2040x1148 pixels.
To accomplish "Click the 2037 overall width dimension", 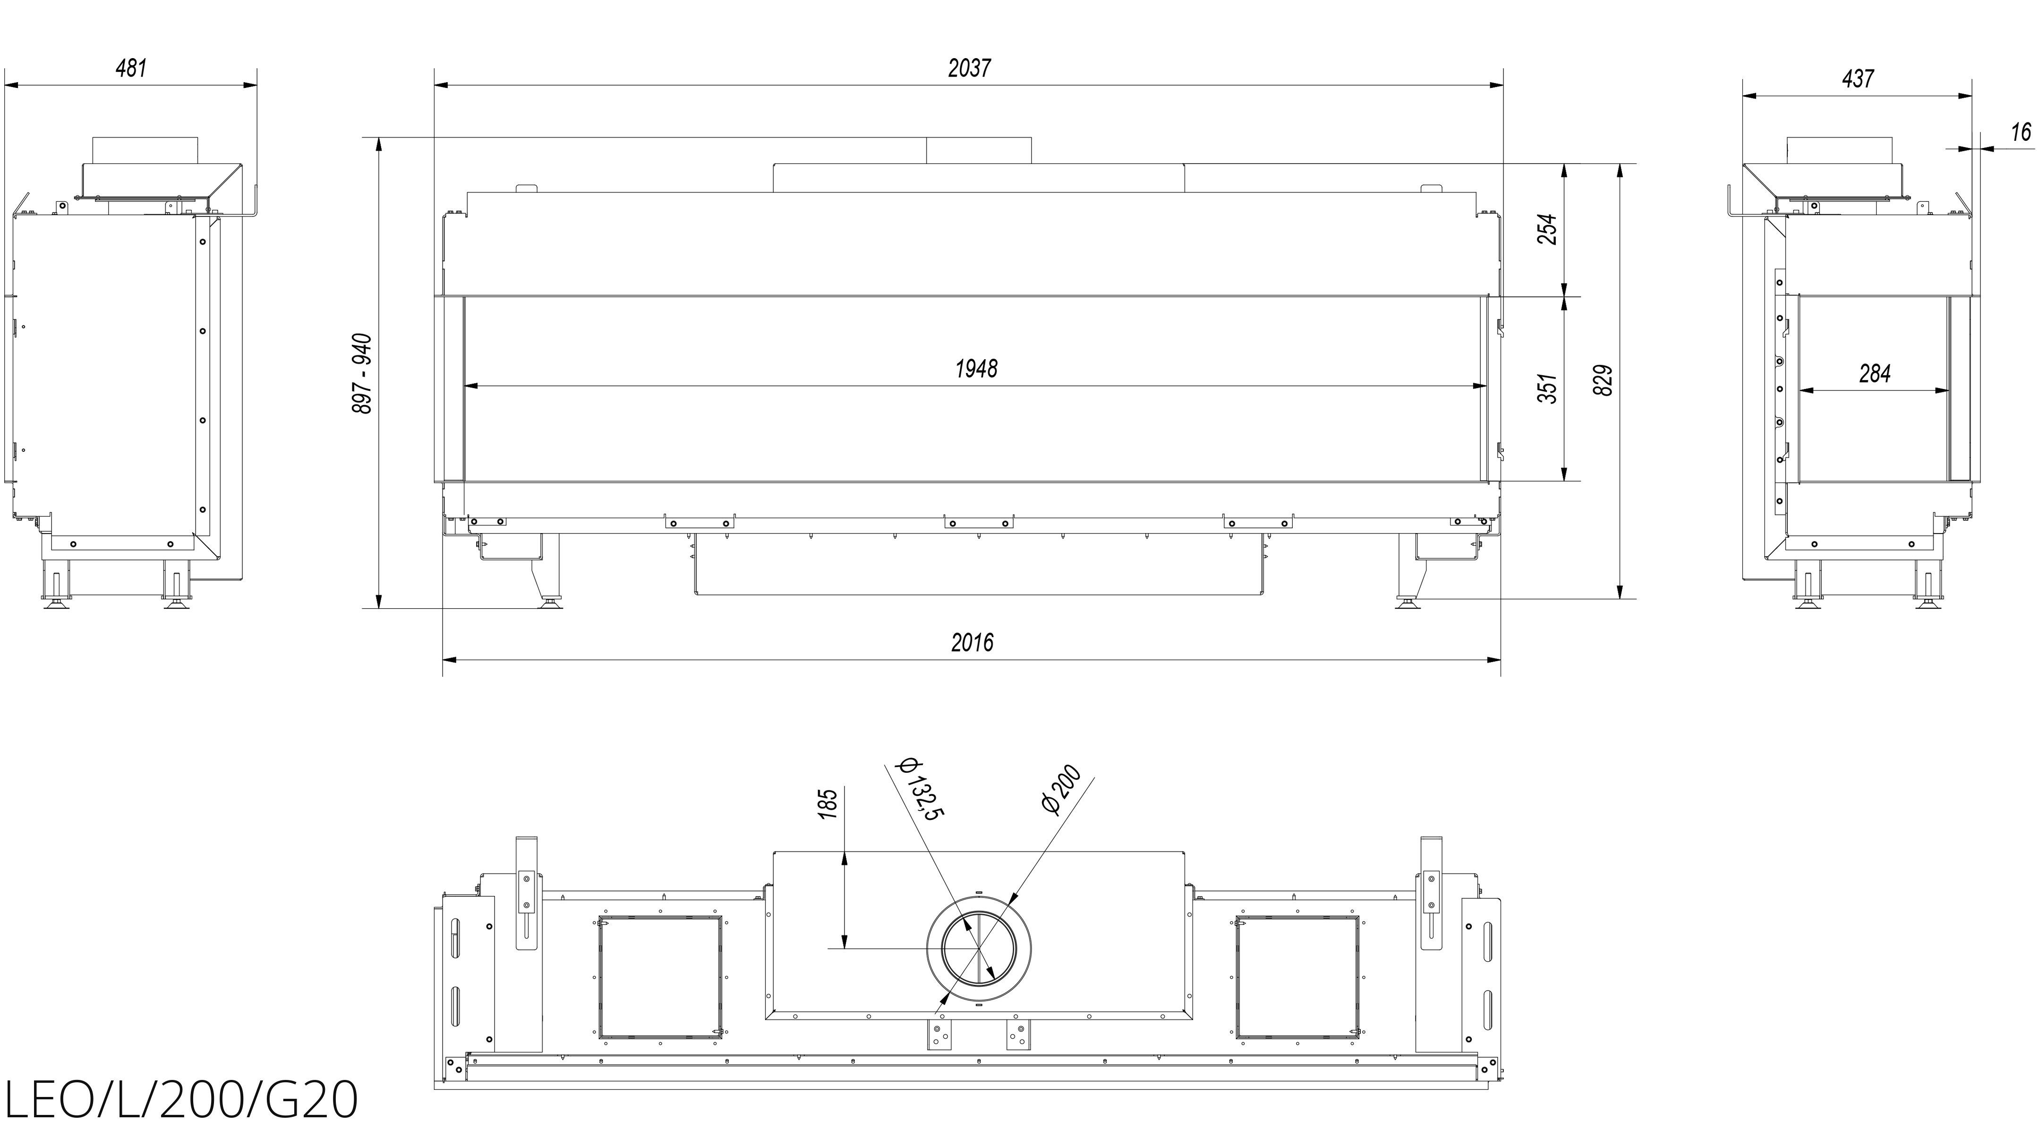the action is coord(969,69).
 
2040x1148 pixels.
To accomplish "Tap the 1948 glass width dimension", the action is coord(976,368).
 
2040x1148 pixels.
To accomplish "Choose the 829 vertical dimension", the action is coord(1602,380).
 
